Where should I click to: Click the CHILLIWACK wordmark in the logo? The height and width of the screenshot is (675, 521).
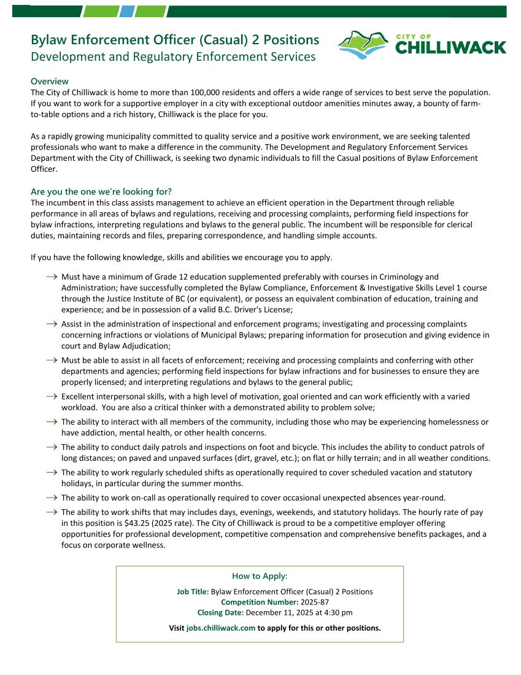450,48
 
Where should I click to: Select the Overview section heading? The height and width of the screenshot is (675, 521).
50,82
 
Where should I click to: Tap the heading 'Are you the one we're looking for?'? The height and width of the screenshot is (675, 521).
101,191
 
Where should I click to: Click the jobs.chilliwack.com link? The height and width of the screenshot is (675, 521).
221,628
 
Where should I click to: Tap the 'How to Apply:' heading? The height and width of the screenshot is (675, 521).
260,576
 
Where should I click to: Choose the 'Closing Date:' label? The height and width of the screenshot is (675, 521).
220,612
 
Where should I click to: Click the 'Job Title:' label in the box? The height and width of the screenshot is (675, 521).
193,592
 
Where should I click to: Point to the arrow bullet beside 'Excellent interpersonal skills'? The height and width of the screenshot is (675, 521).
52,397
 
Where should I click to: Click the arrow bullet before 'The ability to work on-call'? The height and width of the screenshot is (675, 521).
52,498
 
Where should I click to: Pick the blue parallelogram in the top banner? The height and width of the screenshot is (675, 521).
127,11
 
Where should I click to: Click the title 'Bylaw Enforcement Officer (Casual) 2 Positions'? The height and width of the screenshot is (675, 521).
175,40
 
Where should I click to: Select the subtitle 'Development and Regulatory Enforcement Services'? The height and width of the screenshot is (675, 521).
173,57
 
